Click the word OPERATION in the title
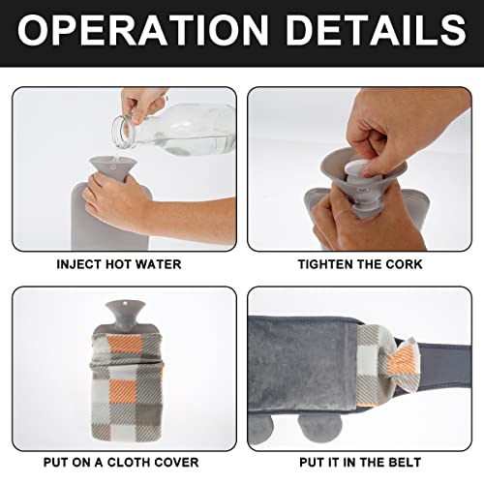coord(142,30)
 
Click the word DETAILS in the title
coord(376,30)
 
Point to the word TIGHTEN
coord(325,264)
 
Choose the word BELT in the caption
coord(405,463)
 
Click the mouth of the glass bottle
coord(123,132)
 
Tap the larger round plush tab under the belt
coord(320,430)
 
